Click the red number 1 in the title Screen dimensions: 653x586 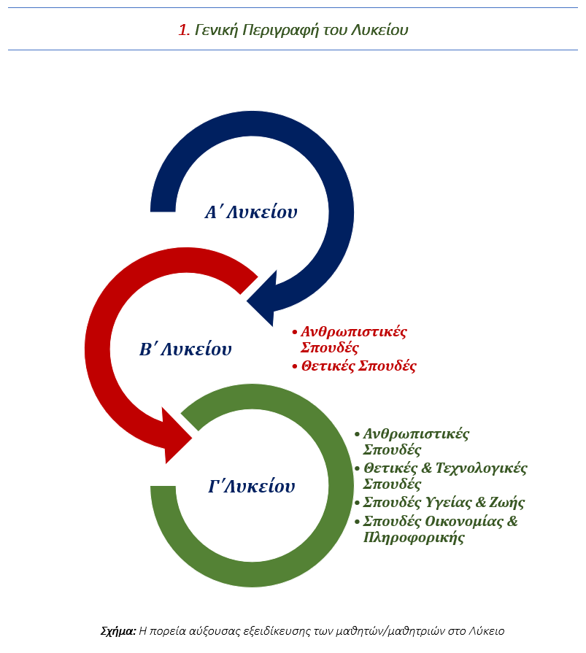tap(183, 30)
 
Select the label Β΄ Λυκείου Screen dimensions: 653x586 tap(185, 349)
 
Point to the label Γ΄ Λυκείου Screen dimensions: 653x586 tap(252, 486)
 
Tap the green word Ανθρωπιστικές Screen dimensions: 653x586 tap(416, 434)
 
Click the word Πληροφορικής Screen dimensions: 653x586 tap(413, 538)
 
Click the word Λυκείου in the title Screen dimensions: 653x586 tap(381, 30)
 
